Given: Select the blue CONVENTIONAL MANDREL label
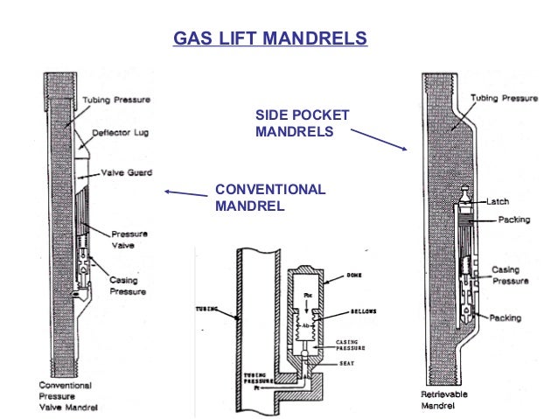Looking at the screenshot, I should click(269, 198).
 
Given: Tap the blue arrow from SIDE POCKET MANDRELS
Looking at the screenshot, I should click(378, 140).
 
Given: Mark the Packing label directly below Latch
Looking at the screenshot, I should click(513, 220).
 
